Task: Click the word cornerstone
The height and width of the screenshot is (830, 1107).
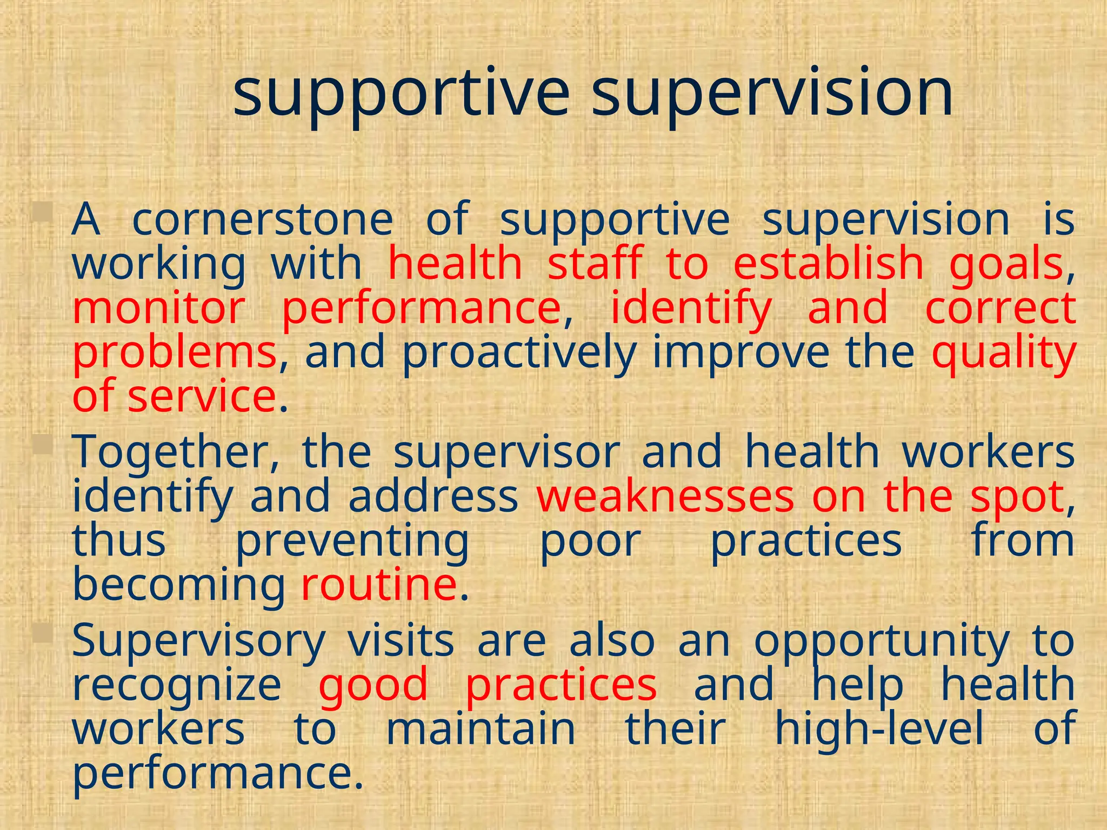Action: point(263,220)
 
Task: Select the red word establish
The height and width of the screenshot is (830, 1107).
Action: point(828,264)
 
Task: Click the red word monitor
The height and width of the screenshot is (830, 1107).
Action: point(159,308)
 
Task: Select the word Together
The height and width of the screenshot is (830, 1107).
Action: point(176,453)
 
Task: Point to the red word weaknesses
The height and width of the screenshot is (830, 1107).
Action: point(665,497)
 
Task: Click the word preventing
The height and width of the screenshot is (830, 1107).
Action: point(352,542)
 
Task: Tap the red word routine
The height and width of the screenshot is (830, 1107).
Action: point(379,585)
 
